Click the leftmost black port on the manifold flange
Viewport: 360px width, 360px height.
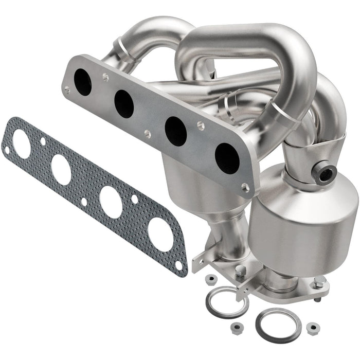(82, 82)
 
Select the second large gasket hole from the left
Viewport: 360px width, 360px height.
(61, 169)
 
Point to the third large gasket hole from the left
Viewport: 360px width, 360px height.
(111, 202)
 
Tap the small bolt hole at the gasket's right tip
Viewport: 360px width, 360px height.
(178, 265)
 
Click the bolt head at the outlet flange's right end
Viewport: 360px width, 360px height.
(319, 281)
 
